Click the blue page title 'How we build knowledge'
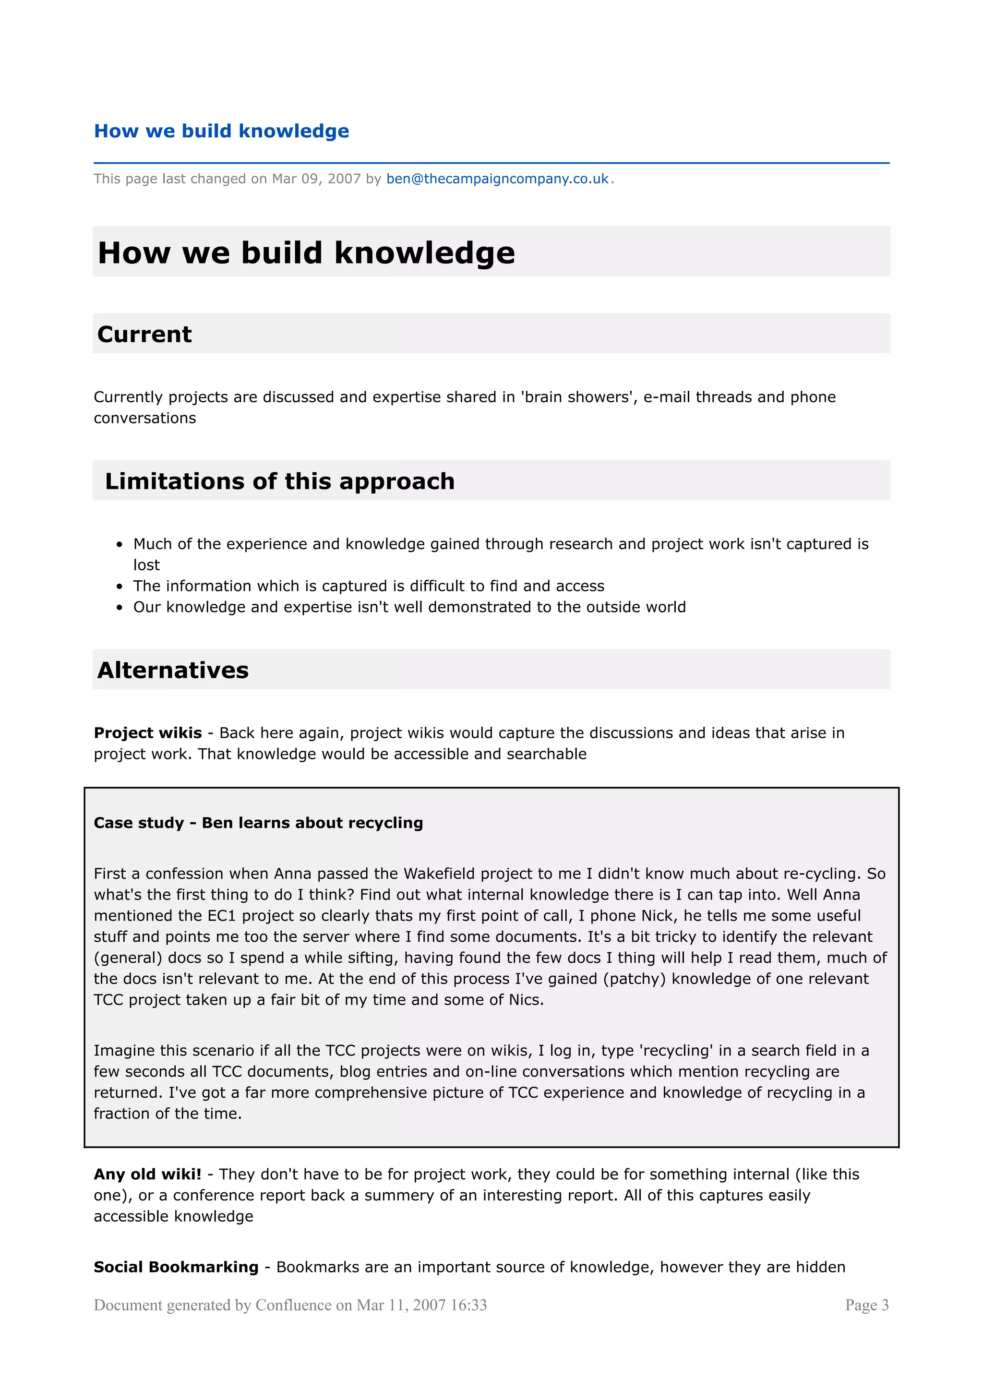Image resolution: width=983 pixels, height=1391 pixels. [221, 131]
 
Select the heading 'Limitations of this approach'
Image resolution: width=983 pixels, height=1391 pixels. [279, 481]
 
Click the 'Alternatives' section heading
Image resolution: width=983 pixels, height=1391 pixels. [173, 670]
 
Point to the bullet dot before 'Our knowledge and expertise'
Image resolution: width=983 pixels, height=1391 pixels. [120, 608]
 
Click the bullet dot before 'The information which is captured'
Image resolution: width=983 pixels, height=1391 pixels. [120, 587]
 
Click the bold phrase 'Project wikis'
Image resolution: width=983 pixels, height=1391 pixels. [148, 733]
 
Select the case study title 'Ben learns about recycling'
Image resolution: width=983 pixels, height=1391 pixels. [312, 823]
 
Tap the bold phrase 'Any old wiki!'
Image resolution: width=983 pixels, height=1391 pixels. [147, 1174]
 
